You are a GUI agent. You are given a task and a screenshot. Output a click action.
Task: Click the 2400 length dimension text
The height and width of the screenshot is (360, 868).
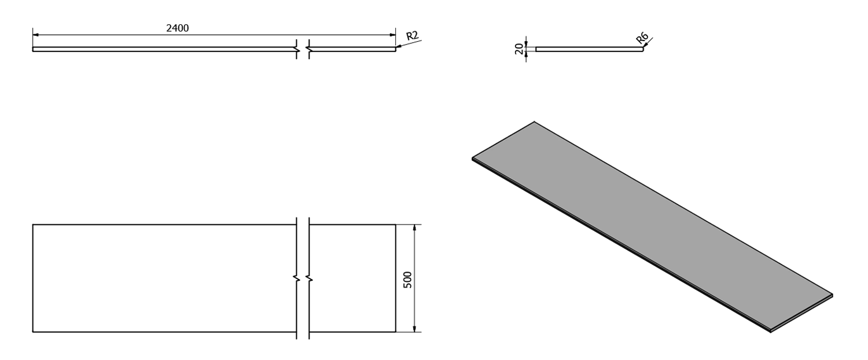tap(178, 28)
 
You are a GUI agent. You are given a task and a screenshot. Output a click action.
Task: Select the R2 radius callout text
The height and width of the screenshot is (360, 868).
tap(412, 36)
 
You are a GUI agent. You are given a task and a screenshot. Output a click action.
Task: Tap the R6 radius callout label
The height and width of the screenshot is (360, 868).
tap(642, 38)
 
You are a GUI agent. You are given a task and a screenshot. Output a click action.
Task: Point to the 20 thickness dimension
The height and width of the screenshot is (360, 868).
tap(519, 49)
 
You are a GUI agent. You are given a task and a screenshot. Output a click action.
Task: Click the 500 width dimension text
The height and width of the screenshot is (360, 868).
tap(407, 280)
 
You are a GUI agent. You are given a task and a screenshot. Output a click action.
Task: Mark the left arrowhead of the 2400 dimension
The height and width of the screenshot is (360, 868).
tap(36, 35)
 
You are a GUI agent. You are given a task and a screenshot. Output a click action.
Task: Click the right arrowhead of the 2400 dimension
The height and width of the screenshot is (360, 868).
tap(392, 35)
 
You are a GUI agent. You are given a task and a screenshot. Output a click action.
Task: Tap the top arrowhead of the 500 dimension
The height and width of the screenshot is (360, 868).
tap(415, 227)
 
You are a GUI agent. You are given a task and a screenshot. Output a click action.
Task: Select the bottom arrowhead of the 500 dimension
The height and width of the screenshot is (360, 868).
tap(415, 329)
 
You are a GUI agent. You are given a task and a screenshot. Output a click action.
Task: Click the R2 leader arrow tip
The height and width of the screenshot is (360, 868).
tap(396, 47)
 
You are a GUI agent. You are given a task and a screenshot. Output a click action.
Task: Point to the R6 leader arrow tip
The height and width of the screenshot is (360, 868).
tap(643, 47)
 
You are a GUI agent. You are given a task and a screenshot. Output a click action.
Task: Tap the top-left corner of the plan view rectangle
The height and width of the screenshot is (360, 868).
tap(33, 225)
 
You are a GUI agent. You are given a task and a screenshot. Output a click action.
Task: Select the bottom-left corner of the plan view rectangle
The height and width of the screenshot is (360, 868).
tap(33, 332)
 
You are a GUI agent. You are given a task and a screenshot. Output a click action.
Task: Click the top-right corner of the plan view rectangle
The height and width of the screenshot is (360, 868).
tap(396, 225)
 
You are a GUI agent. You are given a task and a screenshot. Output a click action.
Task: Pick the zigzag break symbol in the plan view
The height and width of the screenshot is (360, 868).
tap(303, 278)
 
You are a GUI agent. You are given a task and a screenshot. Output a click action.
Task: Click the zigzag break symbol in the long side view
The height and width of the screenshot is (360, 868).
tap(303, 49)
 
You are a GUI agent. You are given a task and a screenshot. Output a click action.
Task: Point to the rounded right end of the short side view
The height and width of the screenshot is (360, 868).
tap(642, 49)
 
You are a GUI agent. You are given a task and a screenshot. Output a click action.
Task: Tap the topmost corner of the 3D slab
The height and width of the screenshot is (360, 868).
tap(534, 122)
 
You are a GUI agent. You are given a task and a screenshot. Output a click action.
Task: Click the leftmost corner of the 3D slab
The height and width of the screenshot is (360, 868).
tap(472, 159)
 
